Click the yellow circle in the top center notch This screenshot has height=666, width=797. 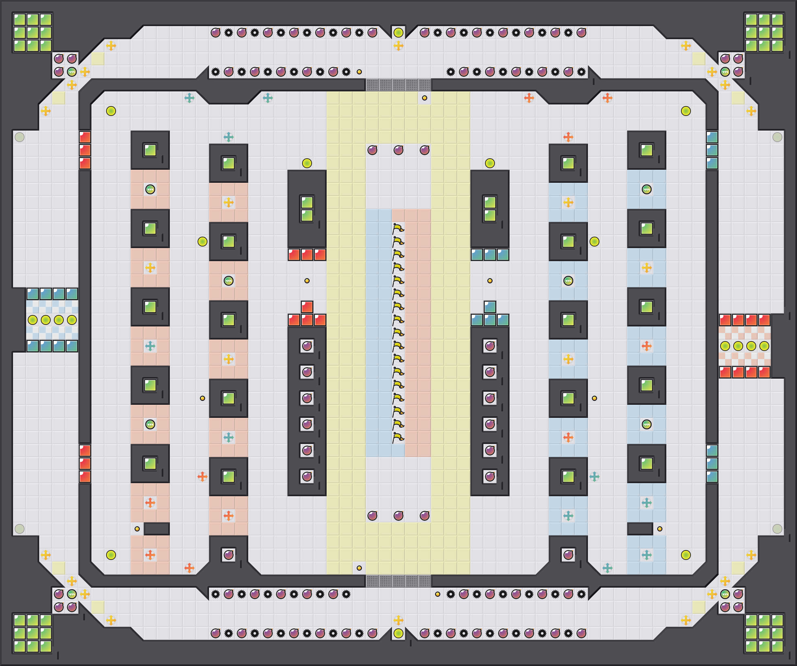(398, 33)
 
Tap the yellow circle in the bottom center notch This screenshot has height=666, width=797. (398, 633)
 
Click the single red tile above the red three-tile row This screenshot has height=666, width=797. (307, 307)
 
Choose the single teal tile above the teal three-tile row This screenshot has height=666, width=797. (490, 307)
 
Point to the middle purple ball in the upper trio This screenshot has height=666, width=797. (398, 150)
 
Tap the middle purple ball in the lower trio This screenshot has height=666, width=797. (398, 515)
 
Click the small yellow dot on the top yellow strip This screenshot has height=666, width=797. (424, 98)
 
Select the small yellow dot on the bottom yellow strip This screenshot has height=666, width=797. (359, 568)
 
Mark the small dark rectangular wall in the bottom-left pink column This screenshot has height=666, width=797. (156, 529)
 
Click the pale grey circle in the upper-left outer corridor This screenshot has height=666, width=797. (19, 137)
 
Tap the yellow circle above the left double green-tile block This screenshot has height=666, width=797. (307, 163)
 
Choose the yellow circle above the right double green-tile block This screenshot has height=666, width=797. (490, 163)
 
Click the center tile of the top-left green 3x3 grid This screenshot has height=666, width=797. (33, 33)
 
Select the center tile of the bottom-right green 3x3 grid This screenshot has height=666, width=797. (764, 633)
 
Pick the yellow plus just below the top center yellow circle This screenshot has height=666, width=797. (398, 46)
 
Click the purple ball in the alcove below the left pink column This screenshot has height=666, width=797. (228, 555)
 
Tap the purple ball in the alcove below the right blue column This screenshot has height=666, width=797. (568, 555)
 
